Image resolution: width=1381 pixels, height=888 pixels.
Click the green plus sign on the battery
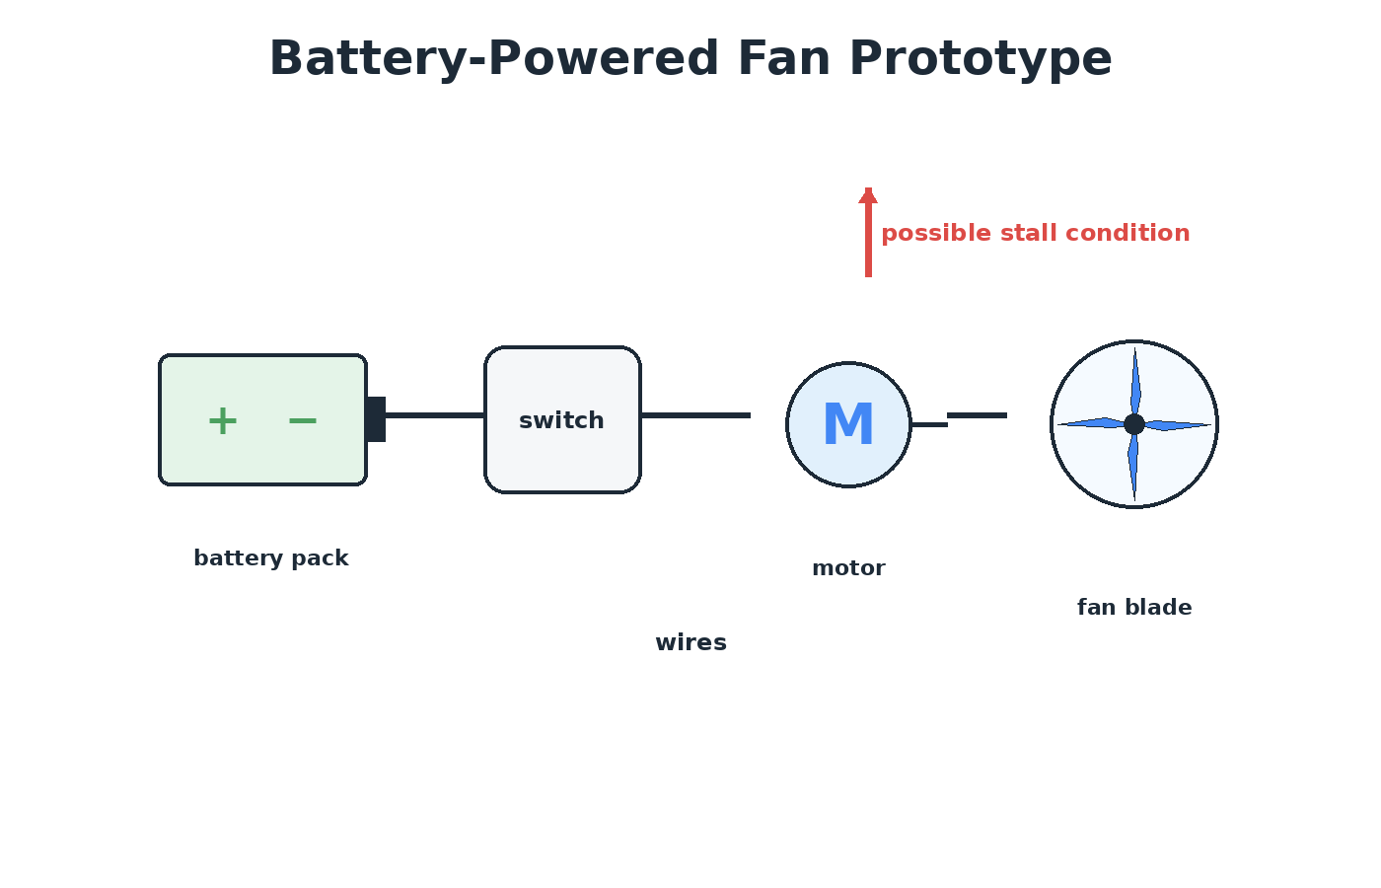(223, 421)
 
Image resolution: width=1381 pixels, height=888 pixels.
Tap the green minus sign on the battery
(302, 421)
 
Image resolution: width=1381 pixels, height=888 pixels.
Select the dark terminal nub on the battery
(376, 419)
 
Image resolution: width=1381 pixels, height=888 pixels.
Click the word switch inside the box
(561, 420)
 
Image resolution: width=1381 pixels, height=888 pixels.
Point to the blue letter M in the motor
(848, 424)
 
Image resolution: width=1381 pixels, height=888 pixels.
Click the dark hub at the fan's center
(1134, 424)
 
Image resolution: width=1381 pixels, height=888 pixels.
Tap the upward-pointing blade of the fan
(1135, 381)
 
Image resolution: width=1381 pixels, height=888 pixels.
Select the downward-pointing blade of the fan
(1133, 468)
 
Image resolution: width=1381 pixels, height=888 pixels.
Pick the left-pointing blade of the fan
(1091, 423)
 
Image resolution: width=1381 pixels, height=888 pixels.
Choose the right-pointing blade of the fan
(1178, 425)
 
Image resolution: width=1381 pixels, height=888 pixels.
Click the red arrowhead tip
(868, 188)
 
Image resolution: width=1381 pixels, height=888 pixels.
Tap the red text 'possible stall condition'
(1035, 234)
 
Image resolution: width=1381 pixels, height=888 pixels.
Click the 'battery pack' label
(271, 558)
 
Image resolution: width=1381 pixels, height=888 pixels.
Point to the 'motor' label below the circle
(848, 568)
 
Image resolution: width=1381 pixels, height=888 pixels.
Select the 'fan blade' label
(1134, 608)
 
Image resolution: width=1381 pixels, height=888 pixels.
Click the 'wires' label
(691, 642)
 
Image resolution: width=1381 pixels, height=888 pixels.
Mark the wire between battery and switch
(435, 415)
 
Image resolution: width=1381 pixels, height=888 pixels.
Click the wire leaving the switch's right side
(696, 415)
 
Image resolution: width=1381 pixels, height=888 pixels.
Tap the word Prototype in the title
(981, 59)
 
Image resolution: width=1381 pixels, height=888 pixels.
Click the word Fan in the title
(783, 59)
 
